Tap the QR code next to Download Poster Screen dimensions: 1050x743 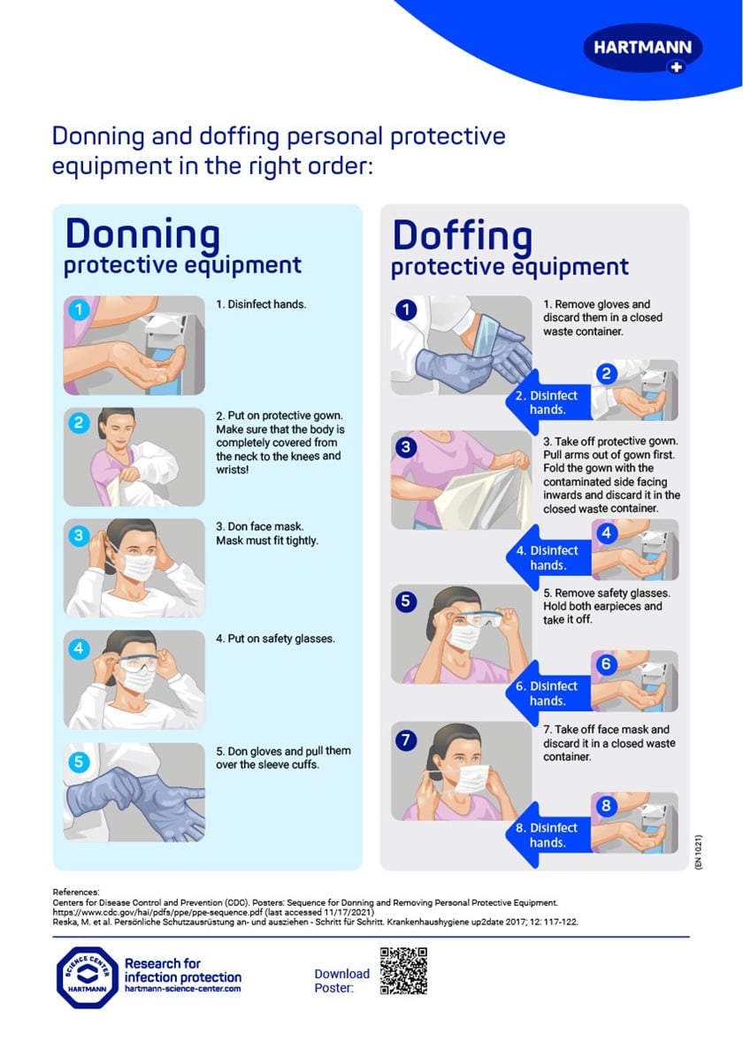click(x=403, y=970)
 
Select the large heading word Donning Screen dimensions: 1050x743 click(x=142, y=234)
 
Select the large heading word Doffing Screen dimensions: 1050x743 click(x=462, y=236)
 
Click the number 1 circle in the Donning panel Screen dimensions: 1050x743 click(x=79, y=310)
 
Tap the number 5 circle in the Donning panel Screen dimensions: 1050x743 click(x=79, y=761)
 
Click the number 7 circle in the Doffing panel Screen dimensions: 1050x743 click(x=406, y=740)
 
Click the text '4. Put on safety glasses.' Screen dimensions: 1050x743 click(x=275, y=639)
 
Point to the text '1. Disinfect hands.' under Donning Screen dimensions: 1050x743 click(x=261, y=304)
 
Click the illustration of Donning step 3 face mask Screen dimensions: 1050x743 click(x=134, y=567)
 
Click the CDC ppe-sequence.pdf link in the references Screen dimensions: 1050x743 click(x=212, y=911)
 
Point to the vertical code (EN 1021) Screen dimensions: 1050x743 click(x=699, y=853)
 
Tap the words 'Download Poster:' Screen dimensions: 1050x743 click(x=341, y=980)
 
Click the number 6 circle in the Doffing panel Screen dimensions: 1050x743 click(x=606, y=664)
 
